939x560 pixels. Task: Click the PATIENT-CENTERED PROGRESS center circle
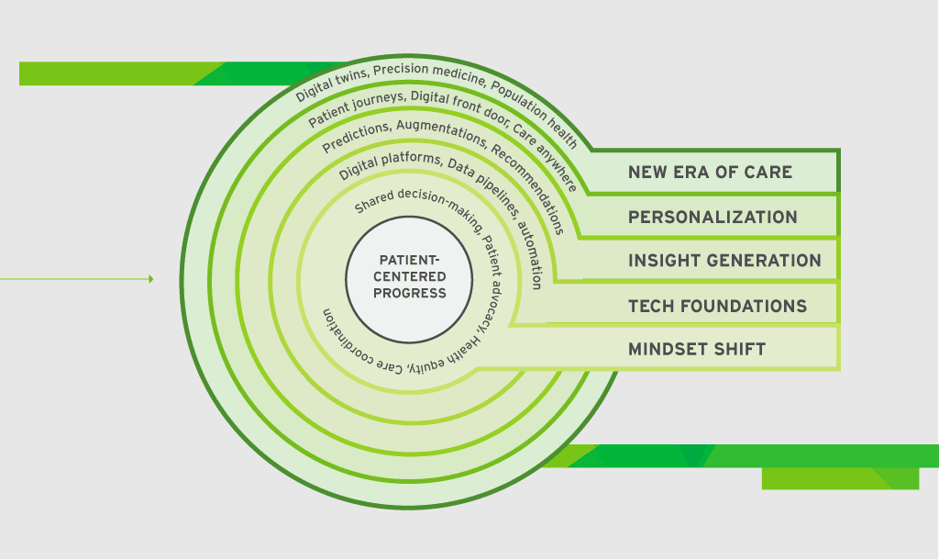[x=409, y=279]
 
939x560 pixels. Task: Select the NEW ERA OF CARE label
[x=710, y=173]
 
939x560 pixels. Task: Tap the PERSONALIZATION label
[x=713, y=217]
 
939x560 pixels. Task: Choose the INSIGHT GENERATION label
[x=724, y=261]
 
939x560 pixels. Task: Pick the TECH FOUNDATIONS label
[x=717, y=307]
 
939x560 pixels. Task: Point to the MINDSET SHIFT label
[x=697, y=350]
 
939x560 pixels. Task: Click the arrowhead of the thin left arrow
[x=151, y=279]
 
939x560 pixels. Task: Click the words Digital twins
[x=332, y=83]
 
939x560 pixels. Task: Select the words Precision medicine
[x=429, y=72]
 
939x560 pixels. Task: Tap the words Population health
[x=535, y=114]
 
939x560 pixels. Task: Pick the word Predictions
[x=357, y=136]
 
